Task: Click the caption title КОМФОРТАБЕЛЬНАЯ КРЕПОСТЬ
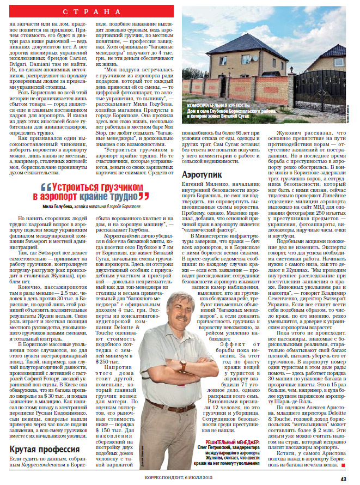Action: coord(218,104)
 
